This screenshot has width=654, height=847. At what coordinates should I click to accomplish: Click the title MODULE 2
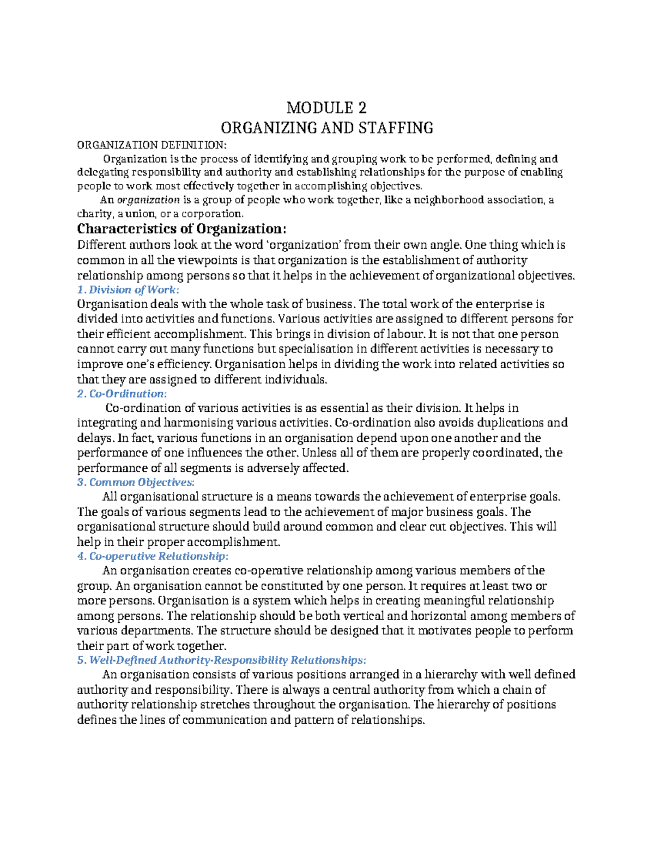tap(326, 107)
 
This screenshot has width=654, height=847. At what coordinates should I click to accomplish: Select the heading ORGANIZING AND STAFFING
tap(326, 128)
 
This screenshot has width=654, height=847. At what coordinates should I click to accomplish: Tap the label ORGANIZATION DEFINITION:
tap(150, 145)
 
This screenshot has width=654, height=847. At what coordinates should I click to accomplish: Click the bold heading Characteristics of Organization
tap(181, 228)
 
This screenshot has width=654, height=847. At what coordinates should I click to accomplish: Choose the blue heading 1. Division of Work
tap(128, 290)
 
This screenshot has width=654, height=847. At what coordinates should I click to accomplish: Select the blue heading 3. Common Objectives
tap(136, 482)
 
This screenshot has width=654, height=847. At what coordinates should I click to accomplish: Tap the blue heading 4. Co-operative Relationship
tap(153, 556)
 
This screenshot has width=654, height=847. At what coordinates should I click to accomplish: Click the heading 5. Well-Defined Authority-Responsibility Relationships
tap(221, 660)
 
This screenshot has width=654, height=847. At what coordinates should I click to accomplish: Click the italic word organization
tap(149, 200)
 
